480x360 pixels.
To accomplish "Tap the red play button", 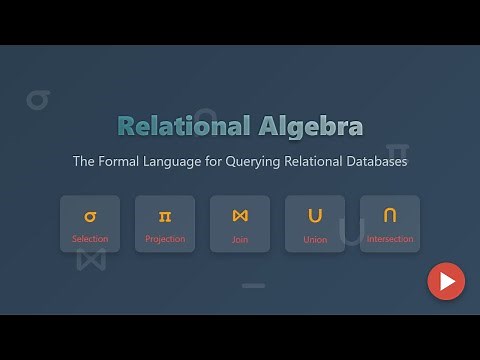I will click(x=446, y=281).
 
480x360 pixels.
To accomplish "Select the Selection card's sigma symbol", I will click(x=90, y=215).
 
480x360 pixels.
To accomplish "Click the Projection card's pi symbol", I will click(x=164, y=215).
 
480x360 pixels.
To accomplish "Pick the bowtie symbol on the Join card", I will click(x=240, y=215).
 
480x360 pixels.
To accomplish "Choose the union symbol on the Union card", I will click(x=315, y=215).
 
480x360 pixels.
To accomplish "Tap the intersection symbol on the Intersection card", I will click(x=390, y=215).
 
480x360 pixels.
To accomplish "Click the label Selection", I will click(x=90, y=240).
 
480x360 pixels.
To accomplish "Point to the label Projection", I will click(x=164, y=240).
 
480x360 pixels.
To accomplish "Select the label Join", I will click(x=240, y=240).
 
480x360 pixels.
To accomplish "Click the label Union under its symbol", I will click(x=315, y=240).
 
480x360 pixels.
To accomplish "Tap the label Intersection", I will click(x=390, y=240).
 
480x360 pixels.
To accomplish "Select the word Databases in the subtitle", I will click(x=371, y=161).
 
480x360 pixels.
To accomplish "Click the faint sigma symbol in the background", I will click(x=38, y=100).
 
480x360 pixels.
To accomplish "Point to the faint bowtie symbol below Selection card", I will click(x=91, y=258).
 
